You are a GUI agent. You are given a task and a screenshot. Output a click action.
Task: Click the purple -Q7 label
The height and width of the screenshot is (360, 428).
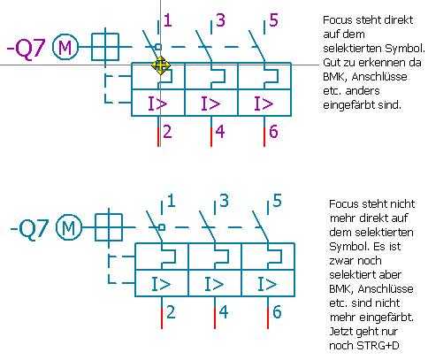(x=27, y=49)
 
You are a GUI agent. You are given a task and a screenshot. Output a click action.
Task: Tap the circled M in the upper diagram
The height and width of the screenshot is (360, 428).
(x=65, y=47)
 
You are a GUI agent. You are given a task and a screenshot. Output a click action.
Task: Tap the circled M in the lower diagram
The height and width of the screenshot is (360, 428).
(x=69, y=227)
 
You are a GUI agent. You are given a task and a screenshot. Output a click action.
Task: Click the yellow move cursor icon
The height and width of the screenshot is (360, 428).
(x=161, y=65)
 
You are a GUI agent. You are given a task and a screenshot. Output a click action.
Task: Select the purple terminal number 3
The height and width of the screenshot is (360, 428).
(x=221, y=20)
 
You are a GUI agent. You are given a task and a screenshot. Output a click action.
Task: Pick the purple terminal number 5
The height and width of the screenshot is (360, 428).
(x=274, y=20)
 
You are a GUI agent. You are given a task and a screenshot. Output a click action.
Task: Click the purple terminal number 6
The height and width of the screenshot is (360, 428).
(x=273, y=132)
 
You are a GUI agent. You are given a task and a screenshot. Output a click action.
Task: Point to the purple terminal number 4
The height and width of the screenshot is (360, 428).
(x=220, y=132)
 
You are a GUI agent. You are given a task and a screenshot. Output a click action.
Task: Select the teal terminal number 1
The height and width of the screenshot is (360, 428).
(x=172, y=201)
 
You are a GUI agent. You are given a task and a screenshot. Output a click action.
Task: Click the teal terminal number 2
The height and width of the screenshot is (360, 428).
(x=171, y=312)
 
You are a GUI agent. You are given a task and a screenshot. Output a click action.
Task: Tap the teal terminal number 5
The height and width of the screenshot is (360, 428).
(x=277, y=201)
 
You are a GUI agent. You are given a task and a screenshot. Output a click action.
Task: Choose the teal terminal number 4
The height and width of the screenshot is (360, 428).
(x=224, y=312)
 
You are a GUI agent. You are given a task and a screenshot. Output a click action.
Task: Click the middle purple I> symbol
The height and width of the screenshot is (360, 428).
(x=210, y=103)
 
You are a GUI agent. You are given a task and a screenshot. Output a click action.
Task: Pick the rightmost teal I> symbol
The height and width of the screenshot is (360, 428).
(x=267, y=284)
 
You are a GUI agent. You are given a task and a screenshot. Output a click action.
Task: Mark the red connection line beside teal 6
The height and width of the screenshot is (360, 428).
(x=268, y=318)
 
